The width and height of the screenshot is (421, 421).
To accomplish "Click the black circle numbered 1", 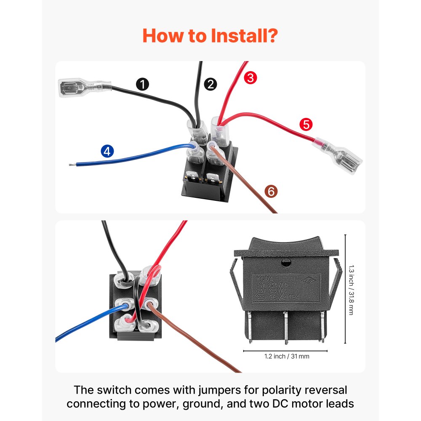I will tap(143, 84).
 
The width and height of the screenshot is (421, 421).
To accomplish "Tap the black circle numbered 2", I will tap(210, 84).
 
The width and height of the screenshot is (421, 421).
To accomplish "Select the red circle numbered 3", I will tap(250, 77).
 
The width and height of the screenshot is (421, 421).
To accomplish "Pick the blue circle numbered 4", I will tap(107, 151).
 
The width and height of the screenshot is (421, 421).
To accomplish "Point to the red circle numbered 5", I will tap(306, 124).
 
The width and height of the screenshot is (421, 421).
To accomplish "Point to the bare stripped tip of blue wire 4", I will tap(69, 165).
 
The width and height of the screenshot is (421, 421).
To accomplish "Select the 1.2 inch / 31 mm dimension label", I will tap(287, 356).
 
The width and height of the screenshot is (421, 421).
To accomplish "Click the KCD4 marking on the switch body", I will tap(262, 279).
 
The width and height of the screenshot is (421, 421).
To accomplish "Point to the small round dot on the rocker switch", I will tap(286, 264).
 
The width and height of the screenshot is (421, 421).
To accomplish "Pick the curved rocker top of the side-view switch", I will tap(286, 244).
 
